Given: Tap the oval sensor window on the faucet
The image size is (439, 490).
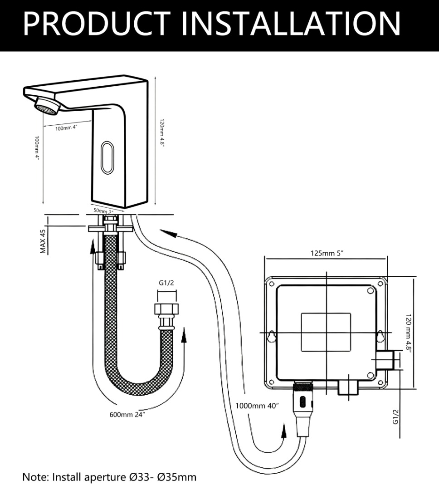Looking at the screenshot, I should click(x=107, y=157).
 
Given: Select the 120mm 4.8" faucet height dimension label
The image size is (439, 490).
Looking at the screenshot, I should click(x=161, y=133).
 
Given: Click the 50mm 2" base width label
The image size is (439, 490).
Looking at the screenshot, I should click(x=104, y=211).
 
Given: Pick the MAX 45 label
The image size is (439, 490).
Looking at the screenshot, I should click(x=44, y=241).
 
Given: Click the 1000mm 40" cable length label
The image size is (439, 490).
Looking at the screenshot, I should click(x=257, y=406).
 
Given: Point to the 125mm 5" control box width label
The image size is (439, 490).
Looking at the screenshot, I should click(x=327, y=253).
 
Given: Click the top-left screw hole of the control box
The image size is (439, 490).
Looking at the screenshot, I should click(x=271, y=284).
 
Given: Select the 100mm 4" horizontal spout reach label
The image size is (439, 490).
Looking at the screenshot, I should click(x=67, y=128).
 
